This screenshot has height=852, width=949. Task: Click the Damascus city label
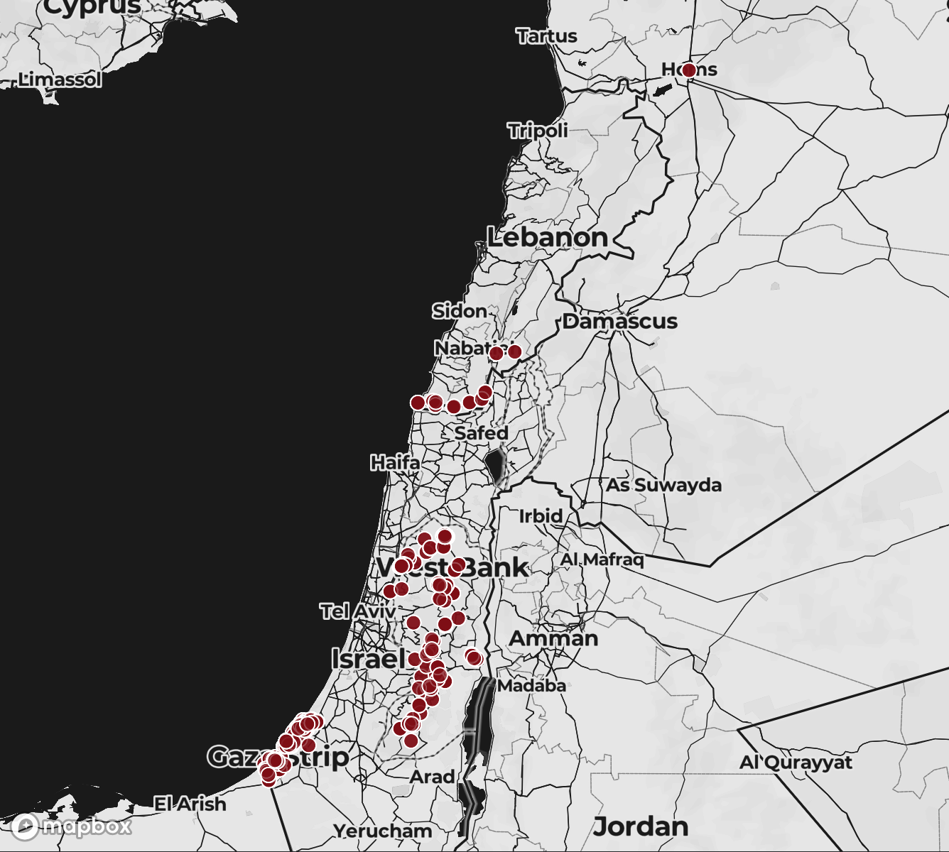click(619, 321)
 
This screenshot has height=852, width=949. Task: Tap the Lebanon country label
click(547, 237)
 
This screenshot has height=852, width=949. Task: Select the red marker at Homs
click(688, 70)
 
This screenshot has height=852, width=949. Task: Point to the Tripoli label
click(538, 131)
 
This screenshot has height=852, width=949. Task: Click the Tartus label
click(546, 35)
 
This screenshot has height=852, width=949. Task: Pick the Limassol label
click(60, 80)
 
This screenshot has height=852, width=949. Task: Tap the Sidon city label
click(460, 311)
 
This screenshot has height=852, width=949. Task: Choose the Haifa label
click(395, 463)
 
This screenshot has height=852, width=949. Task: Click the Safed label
click(482, 432)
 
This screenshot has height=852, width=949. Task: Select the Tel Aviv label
click(357, 611)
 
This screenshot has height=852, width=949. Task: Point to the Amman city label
click(553, 638)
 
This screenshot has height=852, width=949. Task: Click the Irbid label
click(541, 516)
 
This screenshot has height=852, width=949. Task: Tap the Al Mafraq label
click(602, 559)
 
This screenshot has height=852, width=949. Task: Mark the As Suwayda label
click(663, 486)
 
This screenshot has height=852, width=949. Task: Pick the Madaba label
click(532, 686)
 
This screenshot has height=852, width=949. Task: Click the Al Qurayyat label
click(796, 763)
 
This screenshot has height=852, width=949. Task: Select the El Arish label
click(190, 804)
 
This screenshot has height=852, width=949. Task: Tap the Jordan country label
click(641, 826)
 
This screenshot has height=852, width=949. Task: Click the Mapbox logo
click(72, 826)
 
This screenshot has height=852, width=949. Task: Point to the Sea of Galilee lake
click(495, 465)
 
